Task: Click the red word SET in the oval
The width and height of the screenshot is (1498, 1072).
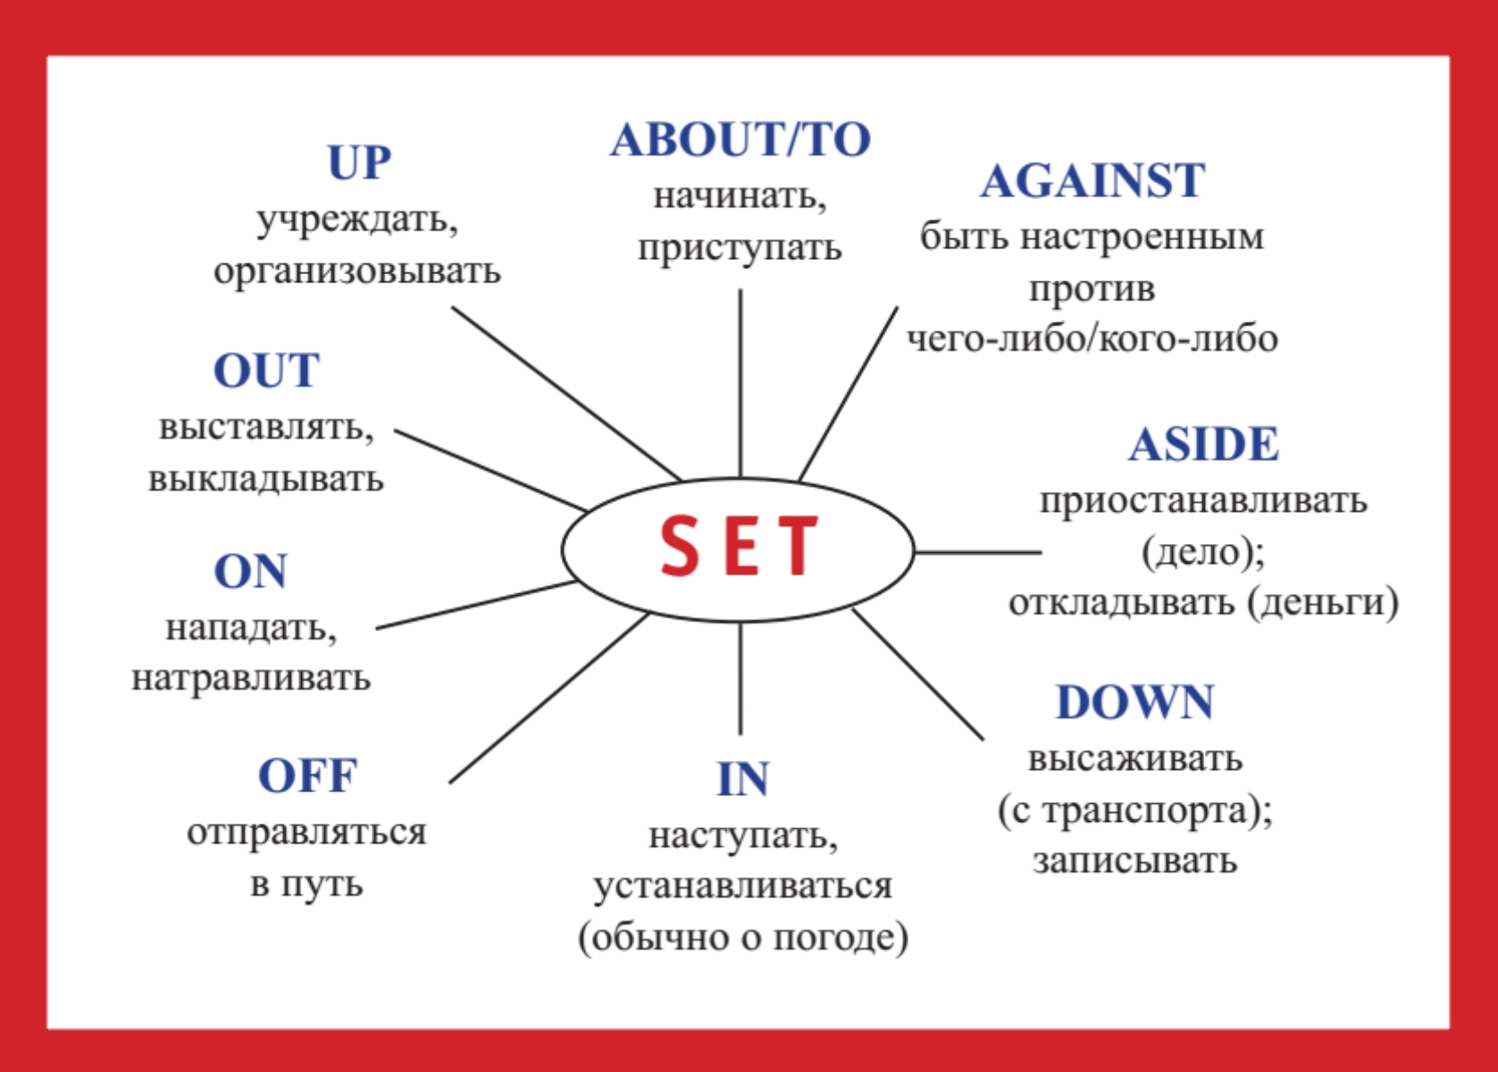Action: click(x=739, y=545)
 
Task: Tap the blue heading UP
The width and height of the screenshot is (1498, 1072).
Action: click(x=359, y=163)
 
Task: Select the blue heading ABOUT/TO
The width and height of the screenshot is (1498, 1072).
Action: click(x=741, y=139)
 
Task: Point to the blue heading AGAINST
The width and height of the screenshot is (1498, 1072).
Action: click(x=1092, y=180)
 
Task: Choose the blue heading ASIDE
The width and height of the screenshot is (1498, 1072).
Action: click(x=1203, y=444)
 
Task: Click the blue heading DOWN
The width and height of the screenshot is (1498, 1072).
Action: click(x=1134, y=702)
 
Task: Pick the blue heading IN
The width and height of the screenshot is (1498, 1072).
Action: click(x=742, y=779)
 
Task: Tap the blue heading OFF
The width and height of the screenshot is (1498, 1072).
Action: click(x=307, y=775)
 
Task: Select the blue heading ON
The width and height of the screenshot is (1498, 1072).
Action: click(x=250, y=572)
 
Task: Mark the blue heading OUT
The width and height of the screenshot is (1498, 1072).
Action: click(x=266, y=371)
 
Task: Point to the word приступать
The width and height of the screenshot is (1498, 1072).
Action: click(x=740, y=249)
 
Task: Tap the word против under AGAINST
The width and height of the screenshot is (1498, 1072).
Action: click(x=1092, y=289)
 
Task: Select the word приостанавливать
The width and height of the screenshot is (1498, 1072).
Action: click(x=1203, y=501)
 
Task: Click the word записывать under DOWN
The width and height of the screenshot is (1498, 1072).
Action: click(x=1134, y=860)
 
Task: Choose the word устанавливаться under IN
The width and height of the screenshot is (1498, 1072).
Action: click(x=742, y=886)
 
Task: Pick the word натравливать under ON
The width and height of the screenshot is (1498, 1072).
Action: click(x=251, y=678)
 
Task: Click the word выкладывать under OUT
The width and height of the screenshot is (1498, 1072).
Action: click(x=266, y=479)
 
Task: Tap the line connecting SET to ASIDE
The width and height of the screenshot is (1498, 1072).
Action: click(x=978, y=552)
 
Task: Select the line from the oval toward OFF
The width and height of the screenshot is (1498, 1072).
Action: click(x=549, y=698)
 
